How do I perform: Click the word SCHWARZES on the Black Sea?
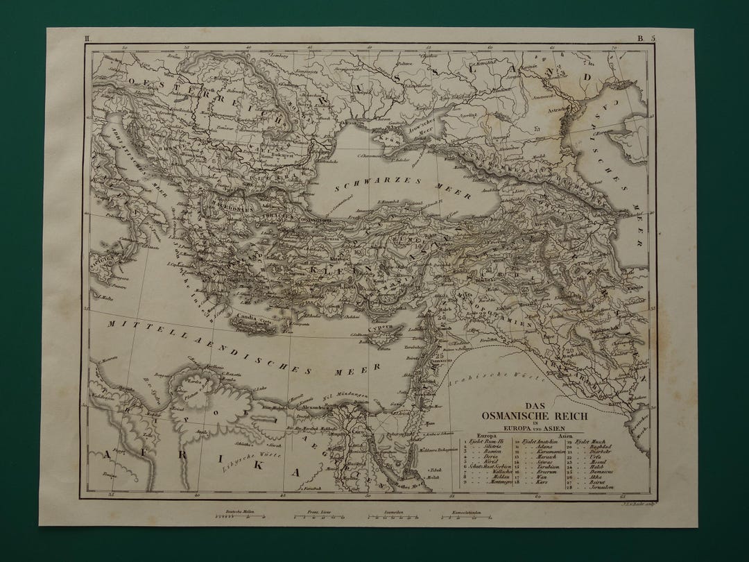tap(361, 182)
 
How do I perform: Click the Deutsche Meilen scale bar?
tap(236, 516)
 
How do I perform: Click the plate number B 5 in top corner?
tap(646, 40)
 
